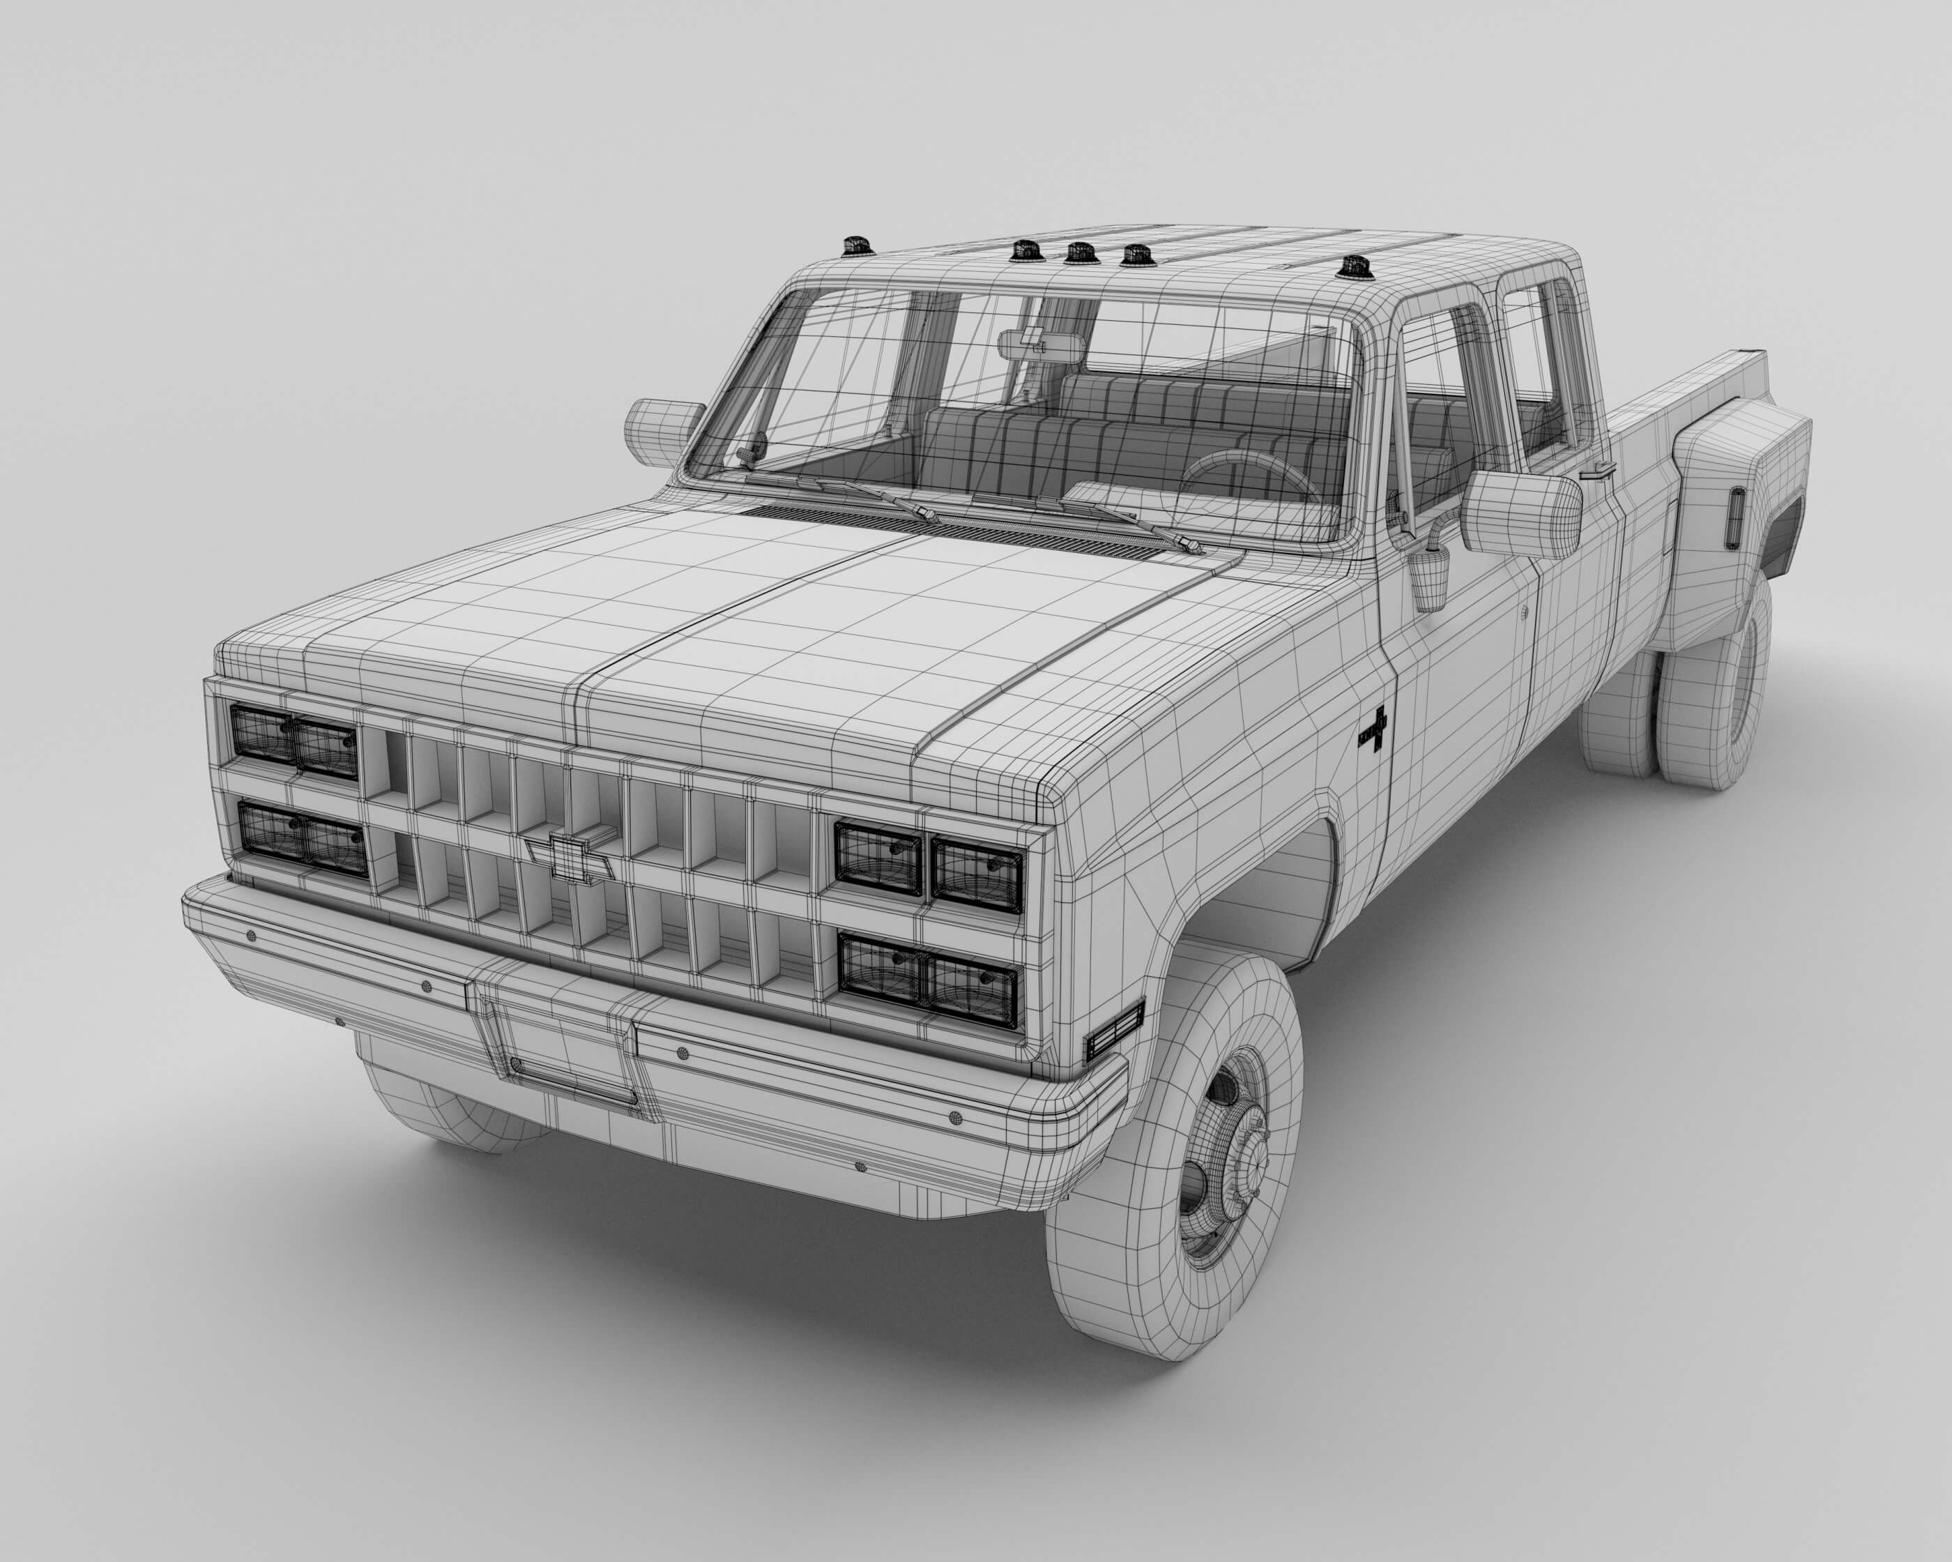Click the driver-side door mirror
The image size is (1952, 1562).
(1520, 513)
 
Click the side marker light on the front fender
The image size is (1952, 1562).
(1115, 1031)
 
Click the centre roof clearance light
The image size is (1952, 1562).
(1077, 254)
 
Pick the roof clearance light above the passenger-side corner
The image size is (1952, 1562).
(855, 246)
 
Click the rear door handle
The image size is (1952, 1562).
(1598, 471)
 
